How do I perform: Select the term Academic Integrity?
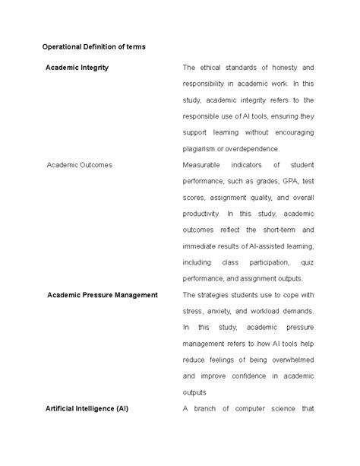77,68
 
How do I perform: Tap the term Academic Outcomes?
79,164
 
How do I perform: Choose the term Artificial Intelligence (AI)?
87,408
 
